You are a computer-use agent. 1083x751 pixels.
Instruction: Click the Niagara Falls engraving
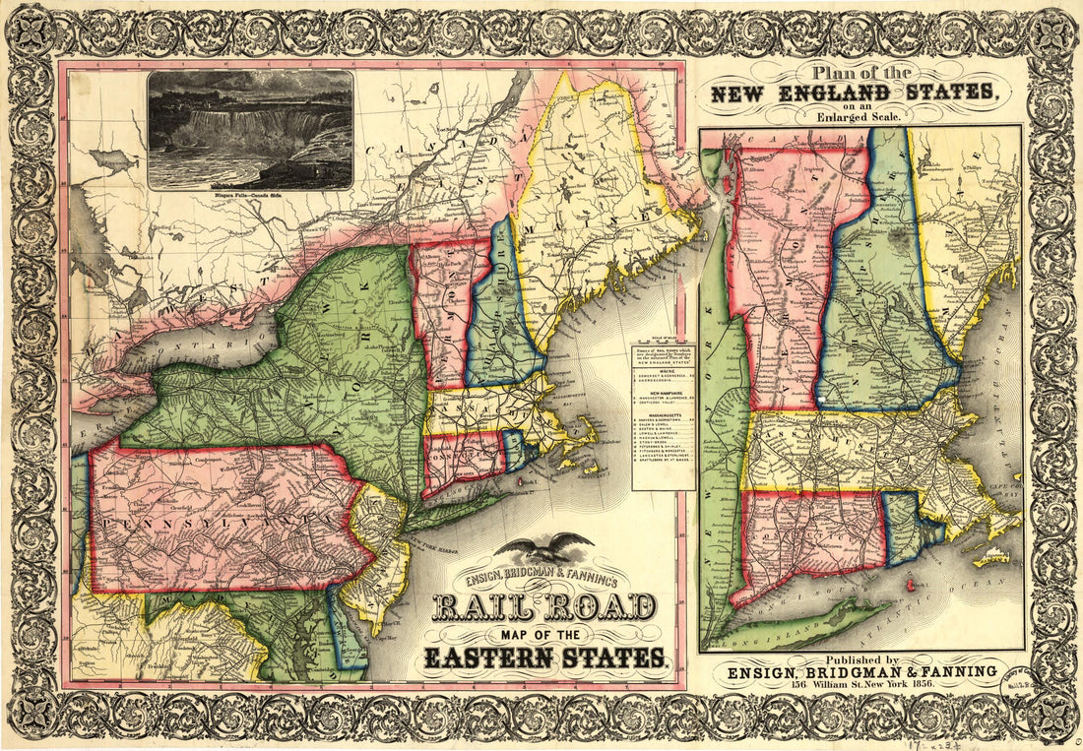coord(250,128)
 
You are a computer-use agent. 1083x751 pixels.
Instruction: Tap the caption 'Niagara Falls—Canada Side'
coord(250,196)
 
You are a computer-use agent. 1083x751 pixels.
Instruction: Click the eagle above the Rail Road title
coord(543,548)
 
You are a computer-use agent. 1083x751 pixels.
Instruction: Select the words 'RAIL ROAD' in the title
coord(544,606)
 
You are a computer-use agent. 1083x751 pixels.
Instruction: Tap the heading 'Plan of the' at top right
coord(854,74)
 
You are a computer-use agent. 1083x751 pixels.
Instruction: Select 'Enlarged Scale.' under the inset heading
coord(854,114)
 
